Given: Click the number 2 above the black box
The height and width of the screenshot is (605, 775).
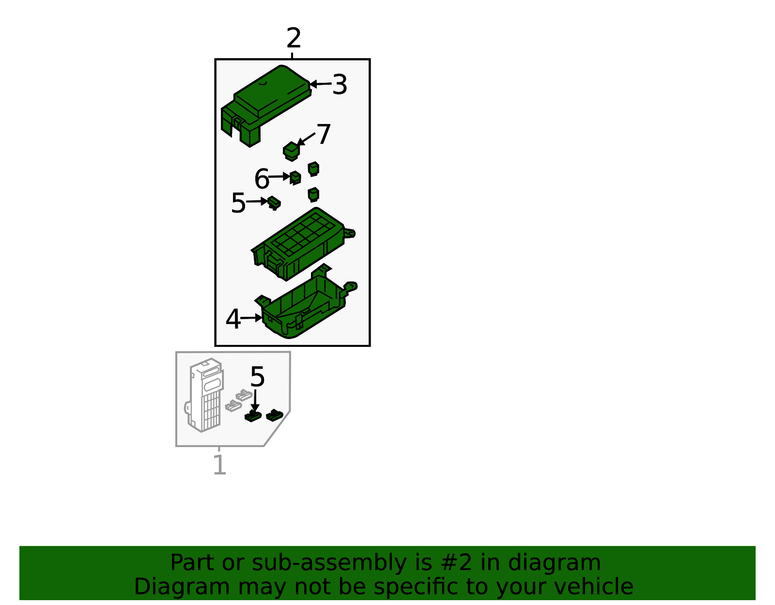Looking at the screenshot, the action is click(x=294, y=38).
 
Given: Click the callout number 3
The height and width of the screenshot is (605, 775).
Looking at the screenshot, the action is click(x=340, y=84).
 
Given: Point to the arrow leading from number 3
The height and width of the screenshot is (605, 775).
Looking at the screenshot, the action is click(x=321, y=84).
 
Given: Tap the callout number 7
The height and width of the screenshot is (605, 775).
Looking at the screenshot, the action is click(x=324, y=134).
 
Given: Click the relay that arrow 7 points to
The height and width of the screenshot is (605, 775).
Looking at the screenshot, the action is click(x=292, y=152).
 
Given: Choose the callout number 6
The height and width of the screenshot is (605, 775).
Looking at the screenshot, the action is click(x=262, y=179).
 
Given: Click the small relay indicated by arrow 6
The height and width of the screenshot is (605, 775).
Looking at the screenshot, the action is click(x=295, y=178).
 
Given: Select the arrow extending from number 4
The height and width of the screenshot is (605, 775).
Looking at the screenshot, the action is click(x=251, y=318).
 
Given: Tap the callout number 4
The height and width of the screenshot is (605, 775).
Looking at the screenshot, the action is click(x=233, y=319).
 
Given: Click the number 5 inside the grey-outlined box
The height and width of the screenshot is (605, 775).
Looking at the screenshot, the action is click(x=257, y=377).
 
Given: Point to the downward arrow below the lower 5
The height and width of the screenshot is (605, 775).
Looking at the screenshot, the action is click(x=255, y=401).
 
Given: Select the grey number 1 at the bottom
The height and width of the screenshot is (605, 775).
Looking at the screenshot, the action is click(x=220, y=465).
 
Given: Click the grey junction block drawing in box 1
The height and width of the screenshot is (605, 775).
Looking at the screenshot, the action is click(x=204, y=395).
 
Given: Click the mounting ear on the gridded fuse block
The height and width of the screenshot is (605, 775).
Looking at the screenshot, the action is click(x=349, y=233).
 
